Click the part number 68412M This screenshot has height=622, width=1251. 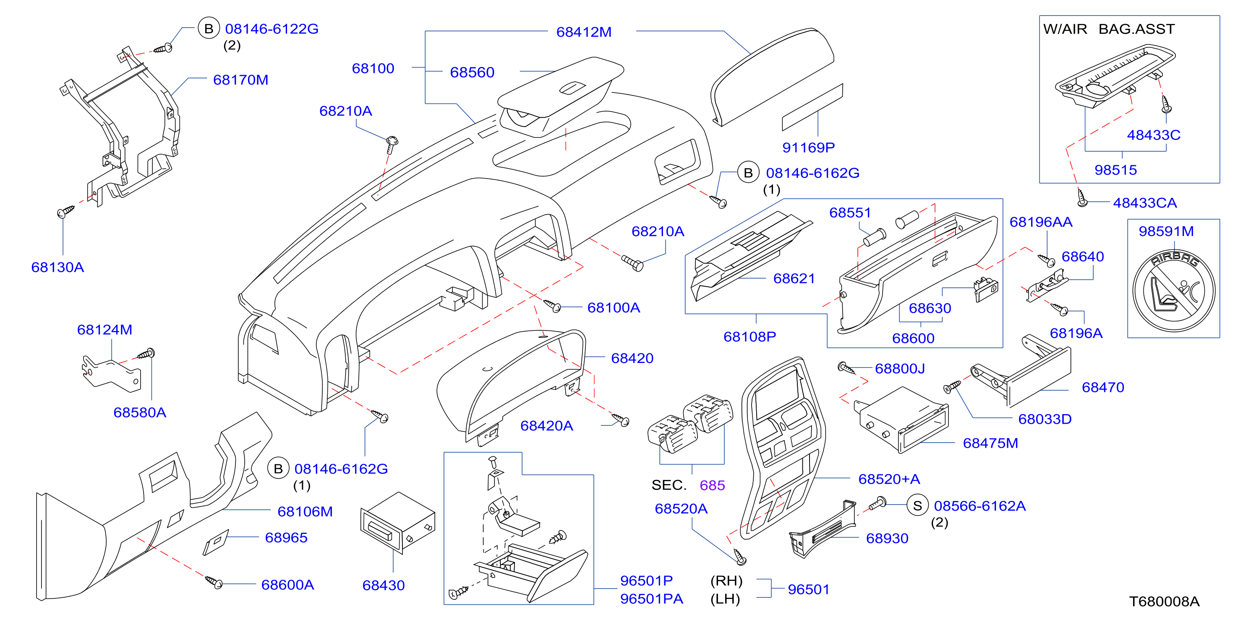[x=584, y=32]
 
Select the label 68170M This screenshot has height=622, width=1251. [x=240, y=80]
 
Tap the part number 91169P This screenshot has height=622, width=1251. [x=808, y=148]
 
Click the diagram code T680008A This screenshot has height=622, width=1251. [x=1164, y=601]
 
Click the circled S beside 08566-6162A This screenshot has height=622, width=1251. [x=917, y=506]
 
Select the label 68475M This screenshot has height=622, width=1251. [x=990, y=443]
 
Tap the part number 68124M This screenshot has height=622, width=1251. [x=104, y=330]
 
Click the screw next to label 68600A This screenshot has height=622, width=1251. [x=214, y=582]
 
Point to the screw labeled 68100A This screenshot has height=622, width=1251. [x=552, y=305]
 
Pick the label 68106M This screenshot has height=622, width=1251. [x=305, y=511]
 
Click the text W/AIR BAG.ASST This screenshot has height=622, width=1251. [x=1109, y=29]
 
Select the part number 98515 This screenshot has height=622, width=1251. [x=1115, y=170]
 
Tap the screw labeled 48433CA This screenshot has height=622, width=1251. [x=1081, y=197]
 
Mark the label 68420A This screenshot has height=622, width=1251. [x=546, y=425]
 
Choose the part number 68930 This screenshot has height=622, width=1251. [x=887, y=538]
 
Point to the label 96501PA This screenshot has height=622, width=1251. [x=651, y=599]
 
